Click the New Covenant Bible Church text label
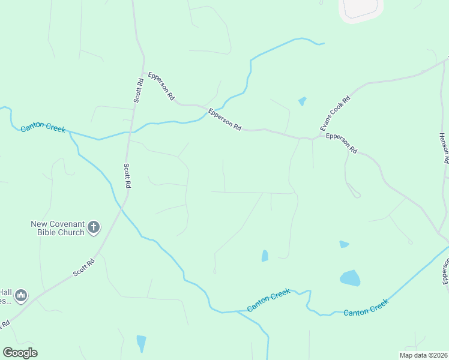[58, 228]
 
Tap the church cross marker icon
[94, 227]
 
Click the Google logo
[20, 353]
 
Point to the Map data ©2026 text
[423, 355]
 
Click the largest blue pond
[350, 278]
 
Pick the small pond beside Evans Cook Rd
[302, 101]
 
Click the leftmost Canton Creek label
[43, 128]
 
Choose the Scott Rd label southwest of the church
[84, 268]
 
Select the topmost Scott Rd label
[138, 91]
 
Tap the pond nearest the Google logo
[141, 343]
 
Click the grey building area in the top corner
[361, 9]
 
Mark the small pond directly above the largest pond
[344, 244]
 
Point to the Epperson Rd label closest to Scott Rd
[163, 87]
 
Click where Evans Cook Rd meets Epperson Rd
[310, 139]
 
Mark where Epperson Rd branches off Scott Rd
[143, 61]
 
